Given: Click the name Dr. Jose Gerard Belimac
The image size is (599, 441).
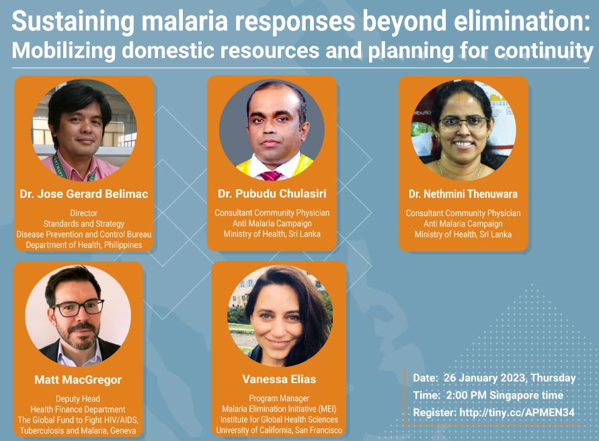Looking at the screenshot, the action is tap(83, 194).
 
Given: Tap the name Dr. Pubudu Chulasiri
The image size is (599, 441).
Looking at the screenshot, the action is tap(272, 193).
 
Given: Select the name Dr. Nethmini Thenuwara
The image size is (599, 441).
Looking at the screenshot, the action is tap(463, 194).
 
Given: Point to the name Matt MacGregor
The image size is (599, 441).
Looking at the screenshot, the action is tap(78, 380).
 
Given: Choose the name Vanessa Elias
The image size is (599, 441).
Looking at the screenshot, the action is tap(279, 379).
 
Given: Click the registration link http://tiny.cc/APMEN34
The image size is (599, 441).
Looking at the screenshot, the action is tap(517, 412).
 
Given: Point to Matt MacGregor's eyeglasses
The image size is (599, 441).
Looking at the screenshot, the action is tap(78, 307).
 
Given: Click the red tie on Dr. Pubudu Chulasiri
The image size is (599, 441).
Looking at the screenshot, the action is tap(270, 176).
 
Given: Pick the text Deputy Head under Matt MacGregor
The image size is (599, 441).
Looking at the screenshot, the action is tap(78, 399).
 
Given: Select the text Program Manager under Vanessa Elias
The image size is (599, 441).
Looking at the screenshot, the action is tap(279, 399).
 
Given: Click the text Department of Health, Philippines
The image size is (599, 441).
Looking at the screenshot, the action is tap(83, 245).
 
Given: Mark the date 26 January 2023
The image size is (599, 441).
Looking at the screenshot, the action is tap(485, 378).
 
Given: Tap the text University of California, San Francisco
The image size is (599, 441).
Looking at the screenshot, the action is tap(279, 430).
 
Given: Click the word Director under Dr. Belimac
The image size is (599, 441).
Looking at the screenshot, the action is tap(83, 213).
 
